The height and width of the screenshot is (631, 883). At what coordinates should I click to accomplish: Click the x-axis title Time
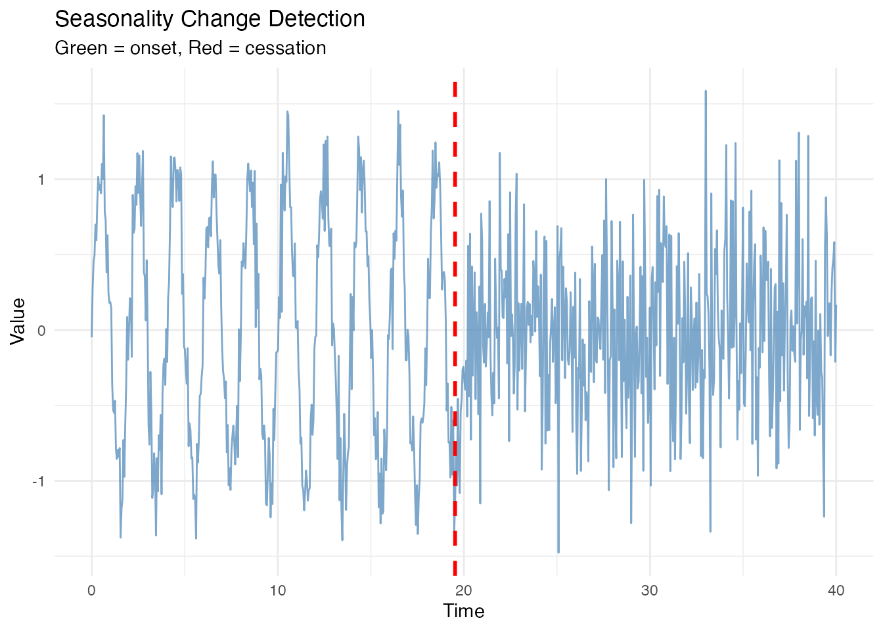464,611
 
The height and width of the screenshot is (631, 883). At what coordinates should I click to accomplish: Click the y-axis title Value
18,321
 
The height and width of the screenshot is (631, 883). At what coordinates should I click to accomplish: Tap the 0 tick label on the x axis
91,590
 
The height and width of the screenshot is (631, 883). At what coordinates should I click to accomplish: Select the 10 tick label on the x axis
278,590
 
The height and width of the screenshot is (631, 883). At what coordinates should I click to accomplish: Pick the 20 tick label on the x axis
464,590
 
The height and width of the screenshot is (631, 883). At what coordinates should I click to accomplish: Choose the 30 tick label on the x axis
650,590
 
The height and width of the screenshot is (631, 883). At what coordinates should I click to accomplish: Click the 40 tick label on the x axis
836,590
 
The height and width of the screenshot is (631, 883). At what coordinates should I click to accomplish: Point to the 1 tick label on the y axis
41,179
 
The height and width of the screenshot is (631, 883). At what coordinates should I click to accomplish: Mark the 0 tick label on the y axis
41,330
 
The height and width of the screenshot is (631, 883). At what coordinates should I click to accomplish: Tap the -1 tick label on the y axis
39,480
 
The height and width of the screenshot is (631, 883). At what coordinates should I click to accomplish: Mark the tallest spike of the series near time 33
705,92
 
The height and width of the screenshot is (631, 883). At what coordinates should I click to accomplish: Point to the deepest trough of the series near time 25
558,551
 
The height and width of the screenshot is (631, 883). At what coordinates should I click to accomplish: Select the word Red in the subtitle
205,48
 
